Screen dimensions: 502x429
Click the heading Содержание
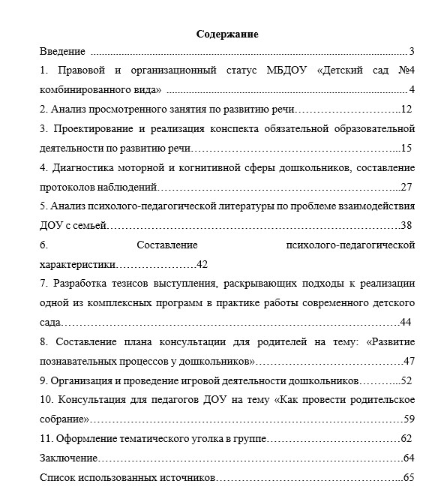click(227, 35)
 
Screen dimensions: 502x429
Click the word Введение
click(62, 53)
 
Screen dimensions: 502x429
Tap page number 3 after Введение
click(412, 53)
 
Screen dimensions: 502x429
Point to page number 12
click(406, 110)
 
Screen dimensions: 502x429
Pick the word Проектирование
click(92, 129)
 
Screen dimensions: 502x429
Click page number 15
click(406, 148)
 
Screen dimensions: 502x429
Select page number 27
click(406, 187)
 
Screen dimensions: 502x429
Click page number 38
click(406, 225)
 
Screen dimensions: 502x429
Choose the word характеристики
click(77, 264)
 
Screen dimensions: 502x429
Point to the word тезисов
click(132, 284)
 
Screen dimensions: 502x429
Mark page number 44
click(406, 323)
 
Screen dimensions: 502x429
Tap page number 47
click(409, 361)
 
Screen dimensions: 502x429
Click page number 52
click(406, 380)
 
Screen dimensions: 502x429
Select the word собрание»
click(64, 419)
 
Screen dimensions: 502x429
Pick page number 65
click(408, 477)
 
